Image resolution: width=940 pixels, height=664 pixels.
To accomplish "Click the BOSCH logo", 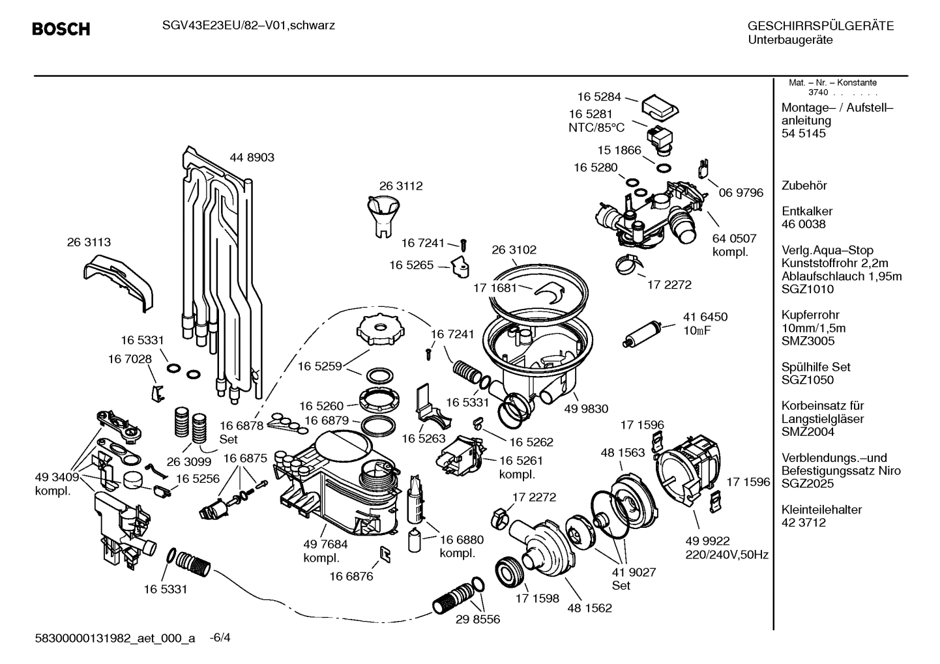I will tap(61, 29).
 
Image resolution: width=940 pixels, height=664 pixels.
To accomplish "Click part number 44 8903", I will tap(252, 157).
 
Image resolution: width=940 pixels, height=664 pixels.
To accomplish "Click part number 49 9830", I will tap(585, 409).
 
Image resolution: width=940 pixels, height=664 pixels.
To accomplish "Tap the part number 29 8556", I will tap(477, 619).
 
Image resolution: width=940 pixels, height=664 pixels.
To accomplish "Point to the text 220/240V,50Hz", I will tap(726, 555).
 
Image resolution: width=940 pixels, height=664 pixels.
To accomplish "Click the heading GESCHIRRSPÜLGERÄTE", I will tap(820, 27).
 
